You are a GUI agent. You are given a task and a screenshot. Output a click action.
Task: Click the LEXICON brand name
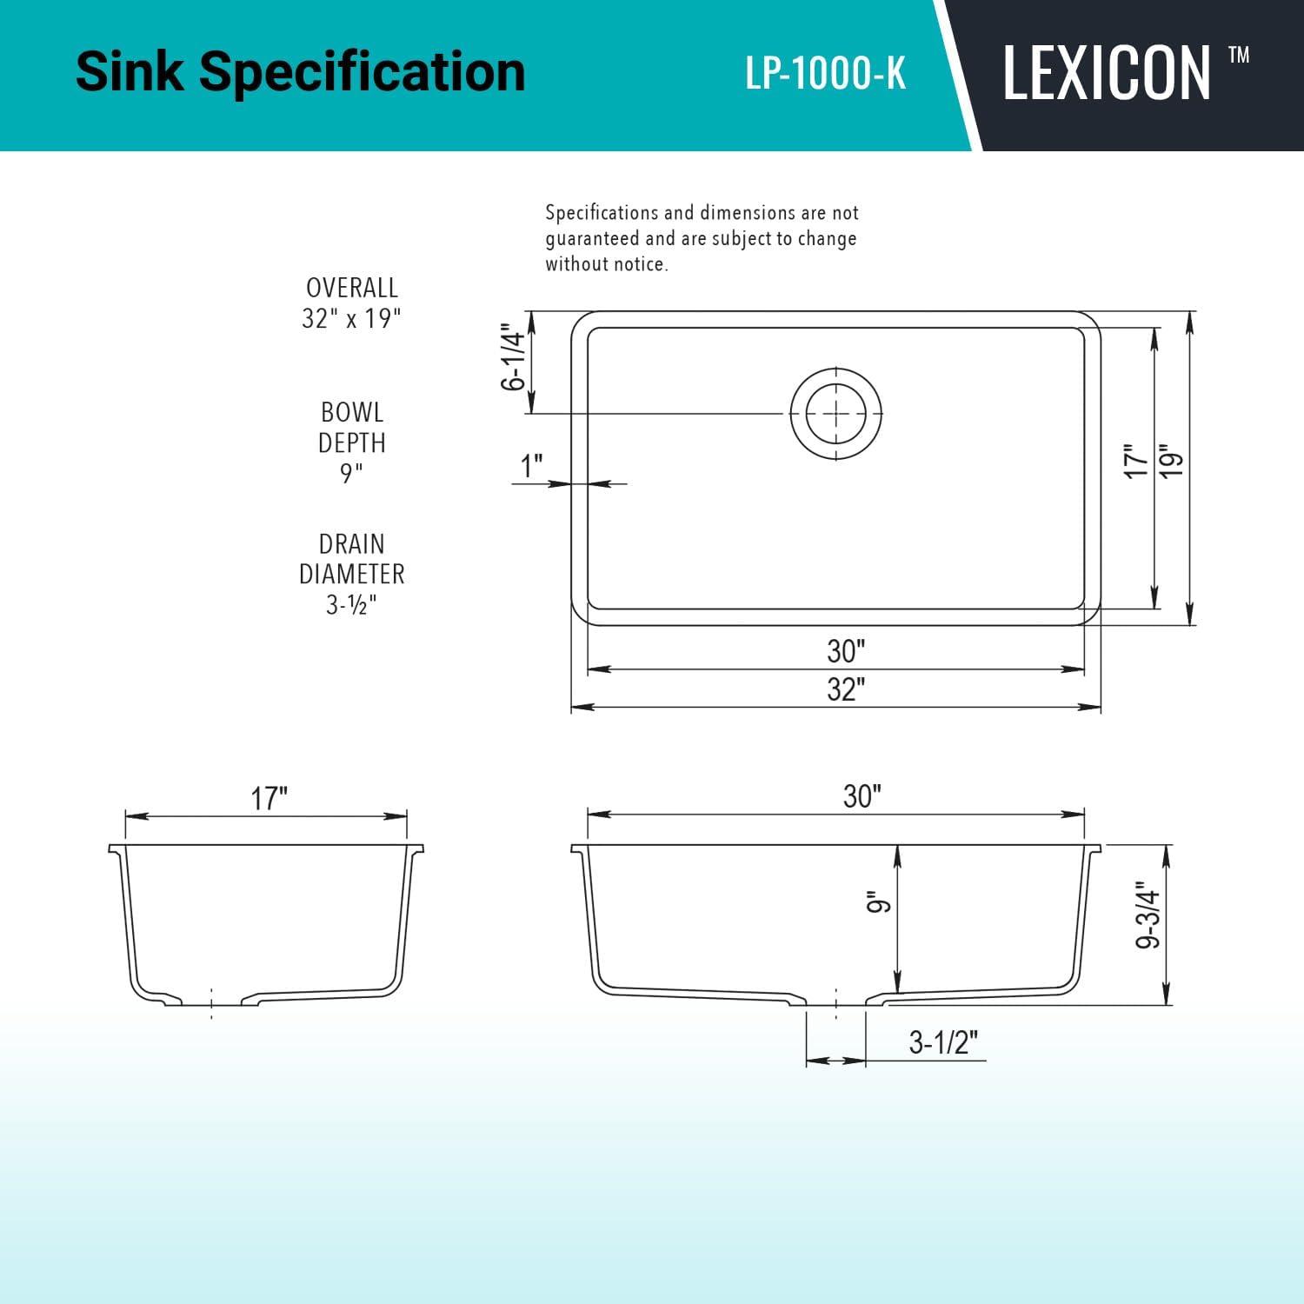[x=1107, y=73]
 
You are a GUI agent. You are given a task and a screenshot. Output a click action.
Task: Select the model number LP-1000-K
[x=825, y=74]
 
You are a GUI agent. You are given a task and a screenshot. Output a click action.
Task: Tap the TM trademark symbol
[x=1239, y=56]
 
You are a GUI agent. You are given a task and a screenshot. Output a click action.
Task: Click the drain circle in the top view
[x=835, y=412]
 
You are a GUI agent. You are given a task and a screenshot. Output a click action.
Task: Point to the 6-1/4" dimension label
[x=514, y=361]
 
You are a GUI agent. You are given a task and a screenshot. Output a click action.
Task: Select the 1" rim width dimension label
[x=531, y=466]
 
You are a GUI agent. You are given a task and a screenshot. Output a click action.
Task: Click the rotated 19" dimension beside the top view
[x=1172, y=461]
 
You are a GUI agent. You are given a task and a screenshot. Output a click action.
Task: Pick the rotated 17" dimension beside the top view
[x=1136, y=461]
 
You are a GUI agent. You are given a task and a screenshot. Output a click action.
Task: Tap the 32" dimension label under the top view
[x=846, y=689]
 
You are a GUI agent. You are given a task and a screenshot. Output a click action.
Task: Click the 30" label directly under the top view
[x=846, y=651]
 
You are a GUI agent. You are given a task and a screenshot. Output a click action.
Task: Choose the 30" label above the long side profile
[x=862, y=796]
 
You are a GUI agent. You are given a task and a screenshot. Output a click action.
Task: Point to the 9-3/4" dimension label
[x=1148, y=918]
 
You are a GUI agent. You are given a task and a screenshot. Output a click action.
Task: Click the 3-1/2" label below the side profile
[x=943, y=1042]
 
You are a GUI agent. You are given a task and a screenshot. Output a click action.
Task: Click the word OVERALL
[x=351, y=288]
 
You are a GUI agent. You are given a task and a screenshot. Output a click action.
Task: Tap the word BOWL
[x=351, y=412]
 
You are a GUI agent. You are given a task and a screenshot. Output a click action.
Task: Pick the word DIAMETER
[x=351, y=575]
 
